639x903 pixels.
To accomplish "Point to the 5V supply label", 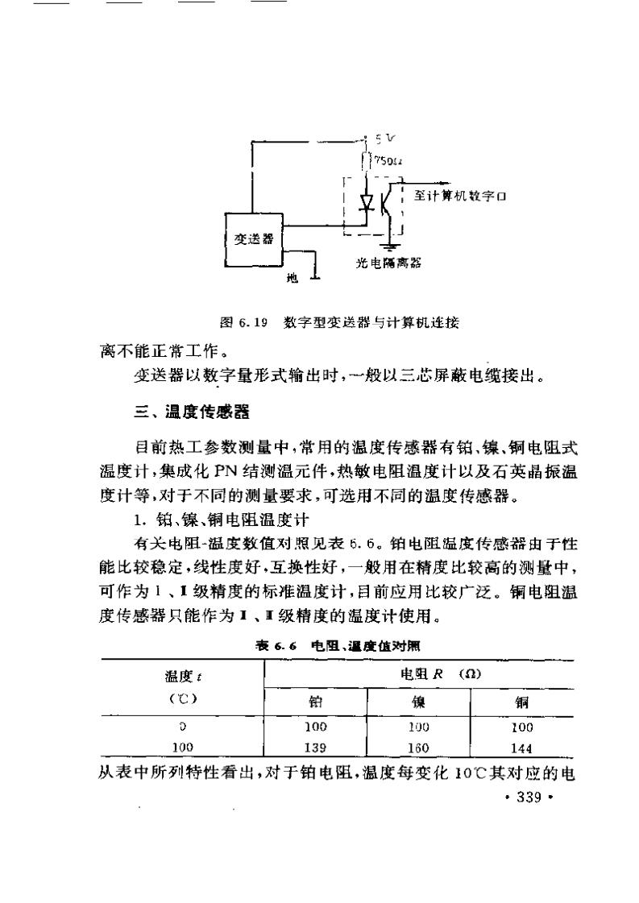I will pos(377,138).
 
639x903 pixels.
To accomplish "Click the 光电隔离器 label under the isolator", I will pos(389,263).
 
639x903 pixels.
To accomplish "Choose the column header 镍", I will pos(419,702).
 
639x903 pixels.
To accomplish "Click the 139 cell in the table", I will pos(316,747).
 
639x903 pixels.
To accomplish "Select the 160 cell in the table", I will pos(419,747).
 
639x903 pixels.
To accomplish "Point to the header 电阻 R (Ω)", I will pos(442,673).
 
